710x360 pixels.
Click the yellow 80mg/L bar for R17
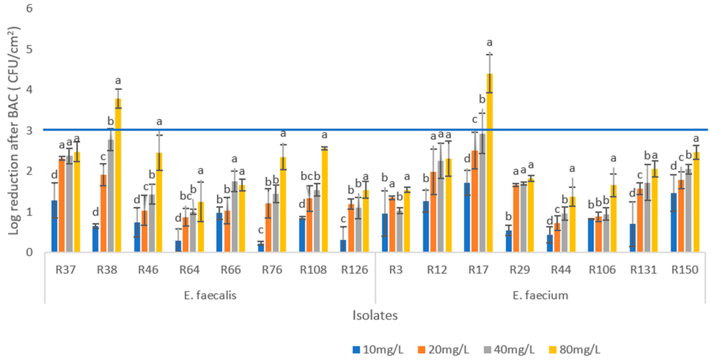[490, 163]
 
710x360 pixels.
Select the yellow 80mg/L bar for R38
[118, 175]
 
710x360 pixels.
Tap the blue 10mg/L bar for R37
[54, 226]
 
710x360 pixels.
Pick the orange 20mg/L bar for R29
[516, 218]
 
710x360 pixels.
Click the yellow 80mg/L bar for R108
[325, 200]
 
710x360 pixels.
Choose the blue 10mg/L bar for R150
[674, 222]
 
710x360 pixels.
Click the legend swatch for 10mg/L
[356, 350]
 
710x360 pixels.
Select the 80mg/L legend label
[580, 350]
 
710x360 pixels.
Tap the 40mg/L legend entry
[509, 350]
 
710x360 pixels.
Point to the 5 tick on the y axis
[29, 49]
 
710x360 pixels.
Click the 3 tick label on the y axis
[29, 130]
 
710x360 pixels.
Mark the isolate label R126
[354, 270]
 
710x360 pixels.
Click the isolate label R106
[602, 270]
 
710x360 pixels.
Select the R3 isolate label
[396, 270]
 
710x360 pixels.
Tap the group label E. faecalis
[210, 296]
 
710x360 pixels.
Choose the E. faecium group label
[540, 296]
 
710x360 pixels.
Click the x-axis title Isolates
[375, 315]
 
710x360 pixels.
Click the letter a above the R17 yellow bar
[490, 43]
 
